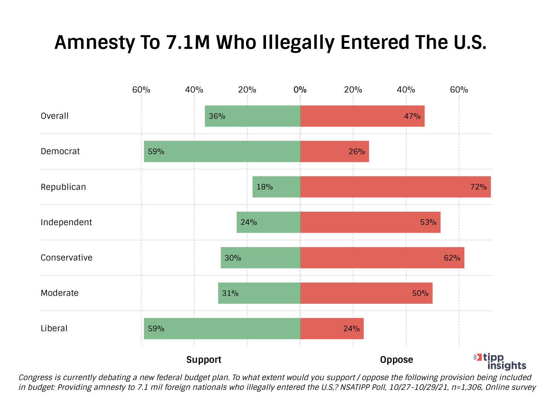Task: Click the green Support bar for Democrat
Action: [222, 151]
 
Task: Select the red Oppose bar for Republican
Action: [395, 187]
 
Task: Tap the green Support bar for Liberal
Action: [222, 329]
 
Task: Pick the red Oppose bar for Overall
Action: [362, 116]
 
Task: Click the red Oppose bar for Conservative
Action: [382, 258]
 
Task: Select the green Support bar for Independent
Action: [268, 222]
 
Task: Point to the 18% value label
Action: [264, 187]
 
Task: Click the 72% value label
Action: [478, 187]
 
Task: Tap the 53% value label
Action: [428, 222]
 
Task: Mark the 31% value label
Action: [230, 293]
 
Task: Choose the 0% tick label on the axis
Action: [300, 90]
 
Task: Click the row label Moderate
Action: [59, 293]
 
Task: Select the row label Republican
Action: [63, 187]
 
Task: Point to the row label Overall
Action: [54, 116]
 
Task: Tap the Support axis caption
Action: [204, 360]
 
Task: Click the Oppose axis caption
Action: [396, 360]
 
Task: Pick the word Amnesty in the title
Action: [94, 42]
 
